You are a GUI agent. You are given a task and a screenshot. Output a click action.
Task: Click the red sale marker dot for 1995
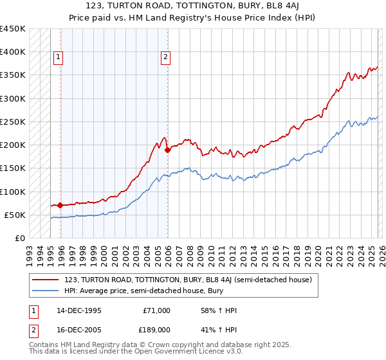tap(60, 206)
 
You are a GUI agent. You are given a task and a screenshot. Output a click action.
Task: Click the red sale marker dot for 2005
tap(167, 150)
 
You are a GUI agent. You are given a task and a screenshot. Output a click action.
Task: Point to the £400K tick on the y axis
tap(13, 52)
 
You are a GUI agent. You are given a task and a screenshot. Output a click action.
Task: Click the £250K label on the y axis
tap(13, 122)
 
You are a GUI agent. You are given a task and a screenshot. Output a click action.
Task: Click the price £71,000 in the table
tap(156, 310)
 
